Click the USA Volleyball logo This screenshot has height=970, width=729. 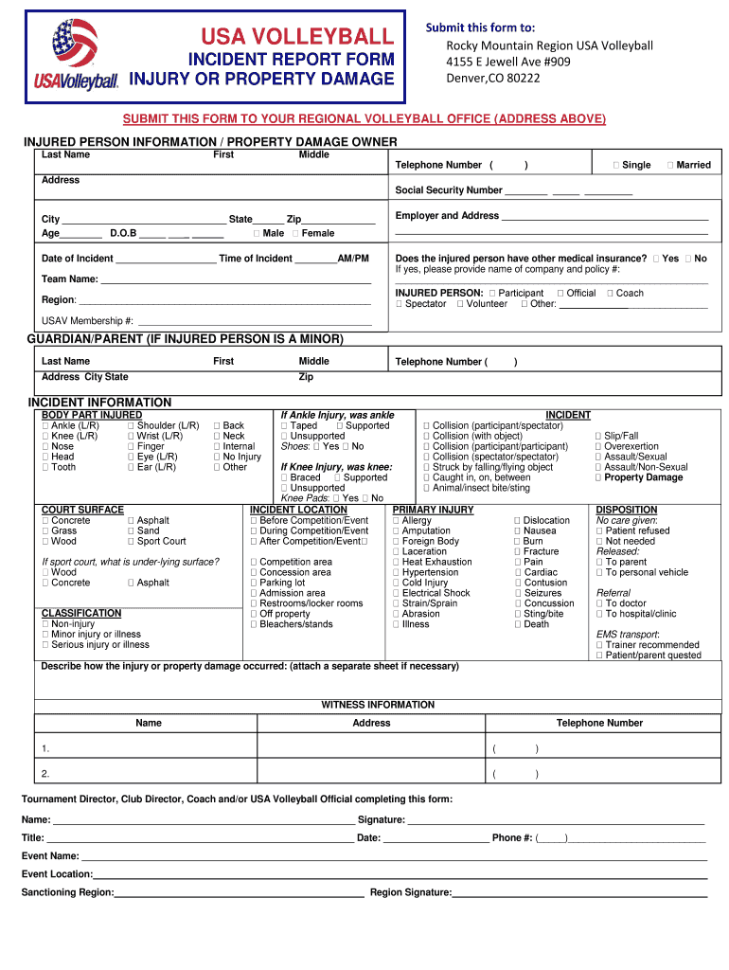click(76, 55)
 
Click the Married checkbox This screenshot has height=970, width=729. click(670, 165)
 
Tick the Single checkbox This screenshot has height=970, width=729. click(616, 165)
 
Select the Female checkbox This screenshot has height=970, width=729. click(295, 233)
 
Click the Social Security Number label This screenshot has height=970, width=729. click(448, 190)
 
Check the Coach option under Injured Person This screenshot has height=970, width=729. click(610, 294)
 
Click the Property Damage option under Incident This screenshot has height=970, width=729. click(598, 477)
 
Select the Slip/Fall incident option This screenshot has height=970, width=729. click(598, 436)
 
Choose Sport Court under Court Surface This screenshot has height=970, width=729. click(131, 542)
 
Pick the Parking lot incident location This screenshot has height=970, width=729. click(254, 583)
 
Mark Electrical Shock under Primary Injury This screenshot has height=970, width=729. click(397, 593)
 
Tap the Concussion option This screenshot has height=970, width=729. click(518, 603)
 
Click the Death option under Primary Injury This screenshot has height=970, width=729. click(518, 624)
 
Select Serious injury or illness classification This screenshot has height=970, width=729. click(45, 645)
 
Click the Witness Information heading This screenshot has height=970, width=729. click(378, 705)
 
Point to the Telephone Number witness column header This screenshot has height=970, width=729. click(599, 723)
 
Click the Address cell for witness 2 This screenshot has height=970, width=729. click(371, 774)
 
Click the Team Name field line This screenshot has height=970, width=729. click(236, 280)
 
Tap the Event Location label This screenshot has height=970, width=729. click(57, 874)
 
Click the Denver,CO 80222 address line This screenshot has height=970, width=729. click(493, 78)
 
